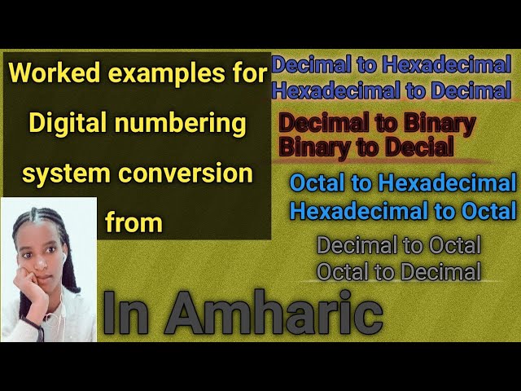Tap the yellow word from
point(134,222)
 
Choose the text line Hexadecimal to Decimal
point(392,90)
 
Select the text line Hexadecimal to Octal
point(403,211)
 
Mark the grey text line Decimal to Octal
point(399,244)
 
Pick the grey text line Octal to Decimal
point(399,271)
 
